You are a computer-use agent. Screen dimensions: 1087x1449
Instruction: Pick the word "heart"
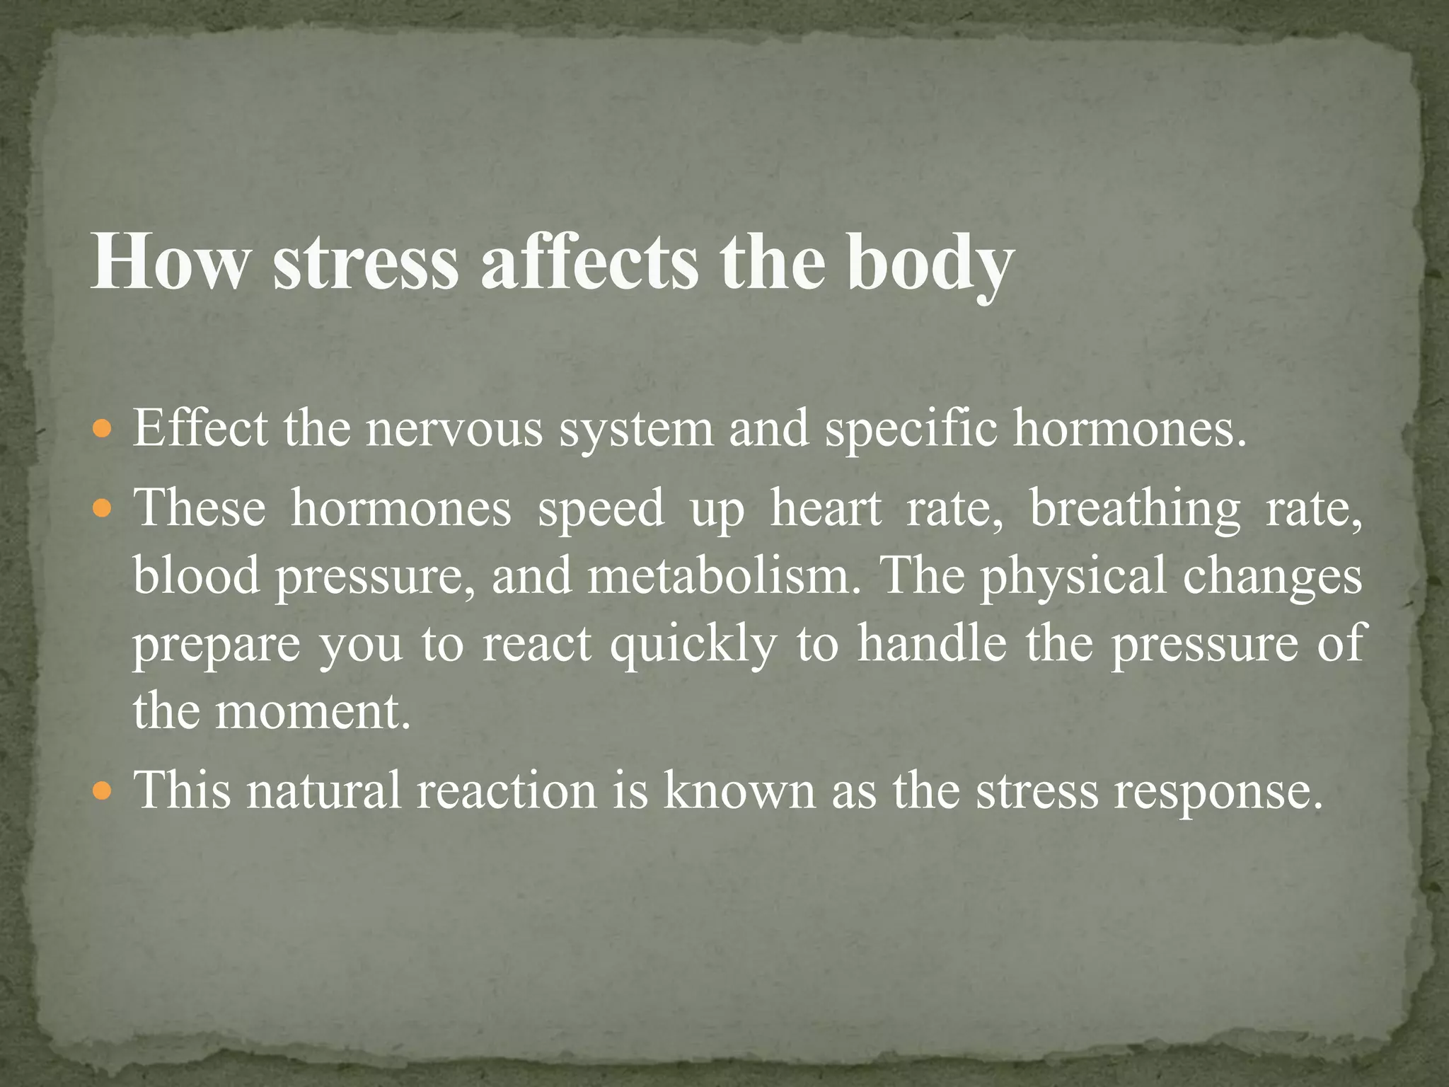pyautogui.click(x=826, y=509)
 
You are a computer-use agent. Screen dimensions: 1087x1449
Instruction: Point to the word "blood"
pyautogui.click(x=197, y=575)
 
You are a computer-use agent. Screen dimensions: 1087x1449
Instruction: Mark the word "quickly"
pyautogui.click(x=693, y=645)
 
